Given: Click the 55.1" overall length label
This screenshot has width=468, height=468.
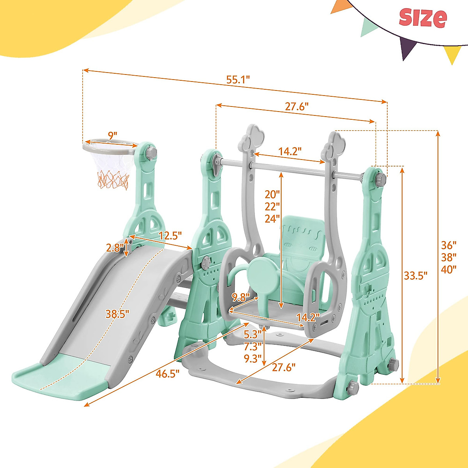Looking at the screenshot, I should coord(238,80).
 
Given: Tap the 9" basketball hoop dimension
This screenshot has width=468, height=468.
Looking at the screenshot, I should coord(112,136).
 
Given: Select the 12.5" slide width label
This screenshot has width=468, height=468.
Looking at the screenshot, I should coord(170,236).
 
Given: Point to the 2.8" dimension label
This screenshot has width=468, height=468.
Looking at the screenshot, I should coord(115,248).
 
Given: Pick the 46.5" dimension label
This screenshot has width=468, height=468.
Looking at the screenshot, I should coord(168,374).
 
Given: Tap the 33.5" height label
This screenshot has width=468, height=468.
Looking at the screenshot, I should coord(415,275).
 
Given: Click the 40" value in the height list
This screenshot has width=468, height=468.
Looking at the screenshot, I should coord(449,269).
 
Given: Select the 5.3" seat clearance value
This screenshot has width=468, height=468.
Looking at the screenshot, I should coord(252,335).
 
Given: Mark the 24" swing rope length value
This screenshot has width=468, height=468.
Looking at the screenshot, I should coord(272,219).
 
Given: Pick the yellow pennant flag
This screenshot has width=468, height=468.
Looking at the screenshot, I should coord(452,54).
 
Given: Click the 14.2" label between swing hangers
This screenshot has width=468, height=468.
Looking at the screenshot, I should coord(290,151).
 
